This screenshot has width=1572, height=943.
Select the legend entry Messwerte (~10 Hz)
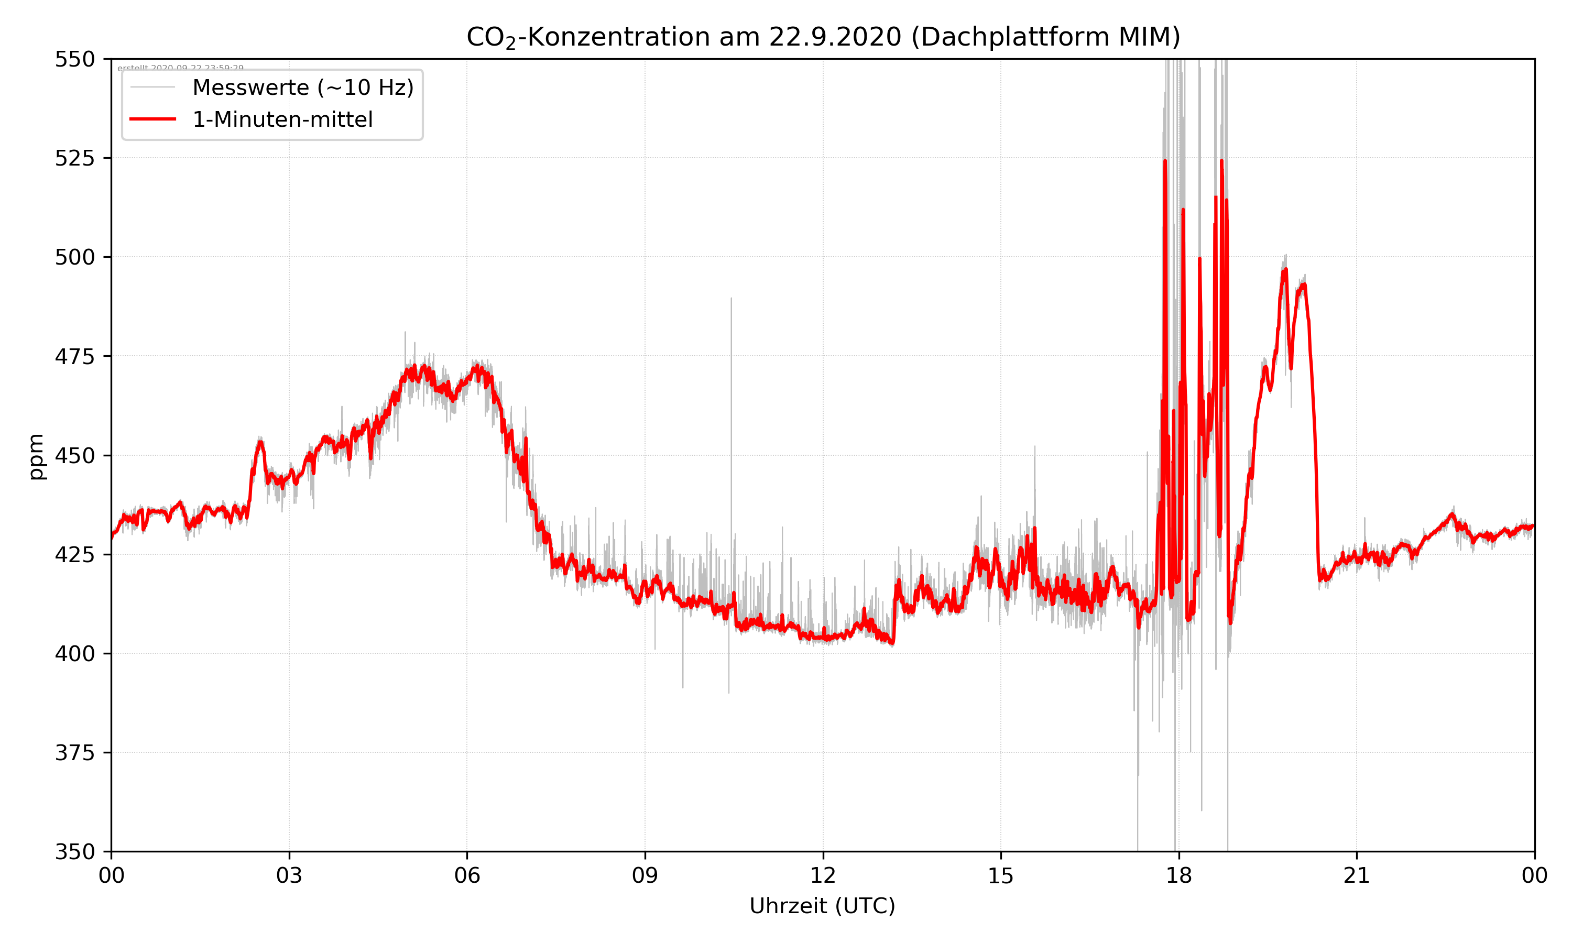coord(302,87)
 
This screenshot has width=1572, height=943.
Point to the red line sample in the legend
coord(152,119)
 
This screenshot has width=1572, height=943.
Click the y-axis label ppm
coord(37,456)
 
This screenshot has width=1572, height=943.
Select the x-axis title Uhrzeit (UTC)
coord(822,905)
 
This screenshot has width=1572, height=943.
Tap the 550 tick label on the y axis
coord(74,59)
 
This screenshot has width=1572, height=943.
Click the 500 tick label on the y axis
coord(74,257)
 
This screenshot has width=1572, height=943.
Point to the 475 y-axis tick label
coord(74,356)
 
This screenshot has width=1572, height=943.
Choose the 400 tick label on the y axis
coord(74,654)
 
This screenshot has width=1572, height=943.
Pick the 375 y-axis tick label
coord(74,753)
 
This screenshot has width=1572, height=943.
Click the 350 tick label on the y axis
coord(74,852)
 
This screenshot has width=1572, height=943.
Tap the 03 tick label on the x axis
coord(289,875)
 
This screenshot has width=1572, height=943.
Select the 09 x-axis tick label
coord(645,875)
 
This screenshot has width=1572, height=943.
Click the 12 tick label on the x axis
coord(823,875)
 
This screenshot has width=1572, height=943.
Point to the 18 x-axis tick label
coord(1178,875)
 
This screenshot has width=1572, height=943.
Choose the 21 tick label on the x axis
coord(1357,875)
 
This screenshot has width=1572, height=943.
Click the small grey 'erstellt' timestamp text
coord(180,68)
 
